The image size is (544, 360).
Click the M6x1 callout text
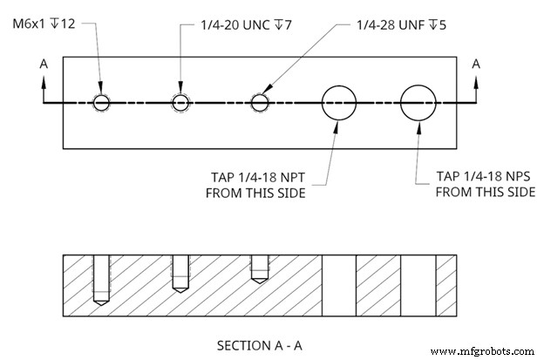click(x=44, y=24)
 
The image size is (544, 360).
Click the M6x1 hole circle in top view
click(x=103, y=103)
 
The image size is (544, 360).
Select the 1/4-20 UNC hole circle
click(x=180, y=103)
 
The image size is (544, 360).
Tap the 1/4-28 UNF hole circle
click(x=259, y=103)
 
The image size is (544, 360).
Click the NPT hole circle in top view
click(x=339, y=103)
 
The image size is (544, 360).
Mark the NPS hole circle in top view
click(x=418, y=103)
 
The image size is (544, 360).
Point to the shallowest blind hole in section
click(x=259, y=268)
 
